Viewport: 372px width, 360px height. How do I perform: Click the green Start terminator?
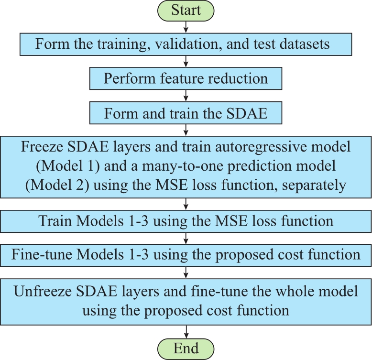[186, 11]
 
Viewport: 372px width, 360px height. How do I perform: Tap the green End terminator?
[186, 349]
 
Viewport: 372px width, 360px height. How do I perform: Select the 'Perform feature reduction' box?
[186, 78]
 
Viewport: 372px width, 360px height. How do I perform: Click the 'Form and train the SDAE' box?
[186, 113]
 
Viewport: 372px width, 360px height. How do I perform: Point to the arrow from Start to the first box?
[186, 27]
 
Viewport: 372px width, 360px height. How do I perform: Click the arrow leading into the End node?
[186, 331]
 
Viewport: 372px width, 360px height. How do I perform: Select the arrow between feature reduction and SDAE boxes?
[186, 96]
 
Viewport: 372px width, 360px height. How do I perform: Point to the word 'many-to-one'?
[183, 166]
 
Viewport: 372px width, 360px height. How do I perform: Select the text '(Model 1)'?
[68, 166]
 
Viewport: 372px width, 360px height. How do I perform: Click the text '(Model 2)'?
[57, 185]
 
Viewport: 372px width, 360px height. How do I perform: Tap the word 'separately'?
[314, 185]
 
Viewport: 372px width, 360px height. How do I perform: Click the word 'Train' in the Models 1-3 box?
[55, 221]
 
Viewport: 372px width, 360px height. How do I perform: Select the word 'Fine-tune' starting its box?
[42, 254]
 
